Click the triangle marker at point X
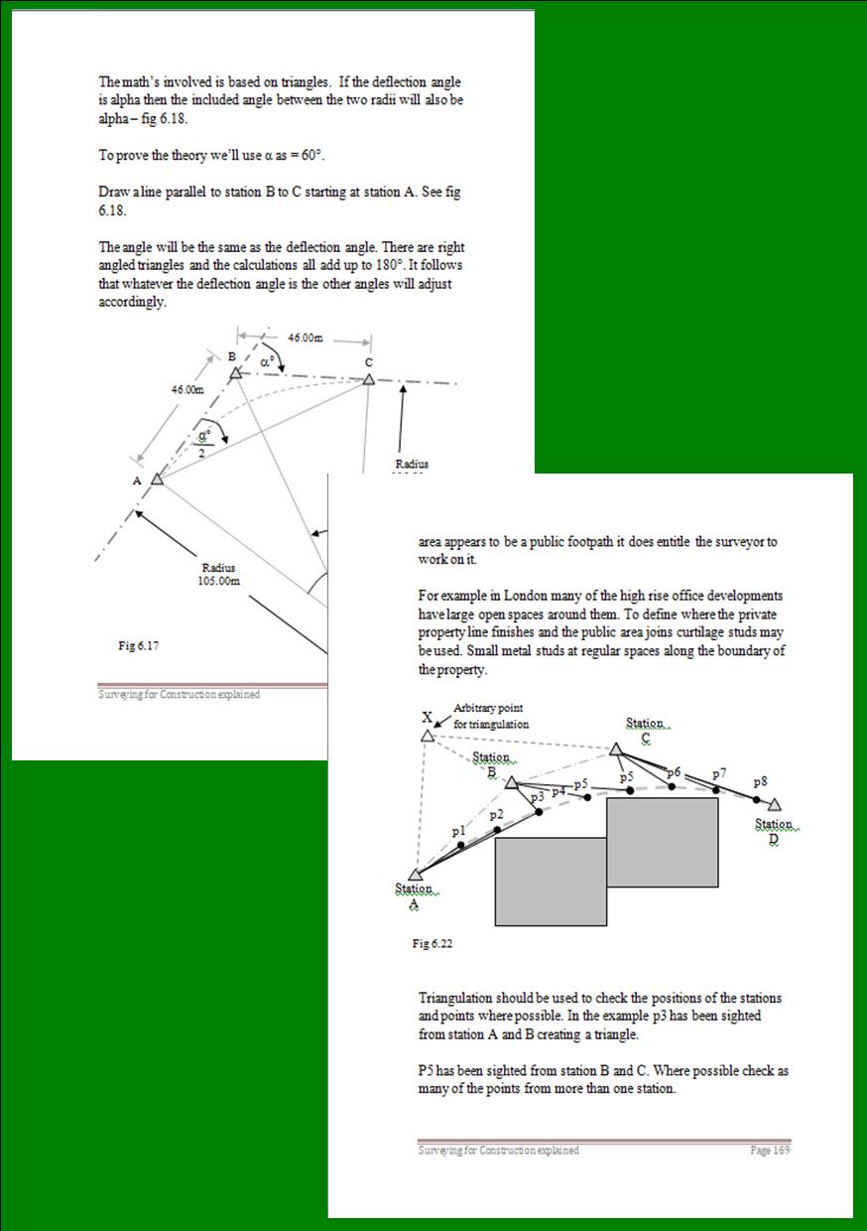coord(427,736)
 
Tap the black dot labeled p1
coord(461,845)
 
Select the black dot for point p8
coord(756,799)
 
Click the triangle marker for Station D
coord(775,805)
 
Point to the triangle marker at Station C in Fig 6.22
coord(615,750)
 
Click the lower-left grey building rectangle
coord(550,881)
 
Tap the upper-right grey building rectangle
coord(662,841)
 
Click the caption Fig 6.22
coord(433,944)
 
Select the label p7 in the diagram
coord(719,772)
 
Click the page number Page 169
coord(769,1150)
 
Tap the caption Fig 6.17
coord(138,645)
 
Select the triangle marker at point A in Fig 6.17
coord(157,479)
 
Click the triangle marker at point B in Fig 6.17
coord(235,373)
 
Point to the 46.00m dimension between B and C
coord(305,338)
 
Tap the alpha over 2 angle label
coord(203,442)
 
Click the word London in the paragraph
coord(505,595)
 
